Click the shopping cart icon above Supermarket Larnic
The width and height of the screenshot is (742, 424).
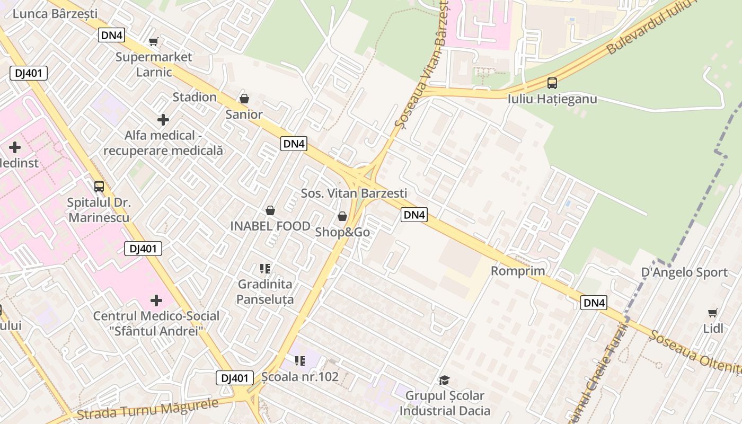click(154, 42)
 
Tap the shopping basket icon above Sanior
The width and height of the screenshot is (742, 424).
click(244, 99)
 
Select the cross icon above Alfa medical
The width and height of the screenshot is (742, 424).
click(163, 120)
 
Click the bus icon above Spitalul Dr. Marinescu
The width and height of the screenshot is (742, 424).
click(99, 187)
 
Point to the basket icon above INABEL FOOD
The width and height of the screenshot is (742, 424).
click(270, 211)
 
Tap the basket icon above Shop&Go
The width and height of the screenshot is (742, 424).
click(342, 217)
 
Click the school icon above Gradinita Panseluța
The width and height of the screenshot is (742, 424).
click(264, 269)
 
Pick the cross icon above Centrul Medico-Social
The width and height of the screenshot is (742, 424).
click(156, 301)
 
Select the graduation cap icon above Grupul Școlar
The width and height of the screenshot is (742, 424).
click(444, 381)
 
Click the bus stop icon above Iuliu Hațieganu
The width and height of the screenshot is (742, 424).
click(552, 83)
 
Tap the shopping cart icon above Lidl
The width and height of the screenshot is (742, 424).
click(713, 313)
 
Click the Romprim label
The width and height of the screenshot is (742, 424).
click(518, 271)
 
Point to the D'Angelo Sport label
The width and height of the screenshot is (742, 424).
click(684, 272)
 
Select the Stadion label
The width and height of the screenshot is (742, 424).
click(195, 98)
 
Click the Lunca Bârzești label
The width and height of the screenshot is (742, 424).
click(55, 14)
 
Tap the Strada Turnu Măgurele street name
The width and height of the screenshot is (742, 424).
click(148, 409)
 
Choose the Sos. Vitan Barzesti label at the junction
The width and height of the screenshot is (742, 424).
click(354, 193)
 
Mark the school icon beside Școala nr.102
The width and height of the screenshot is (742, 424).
click(300, 361)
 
